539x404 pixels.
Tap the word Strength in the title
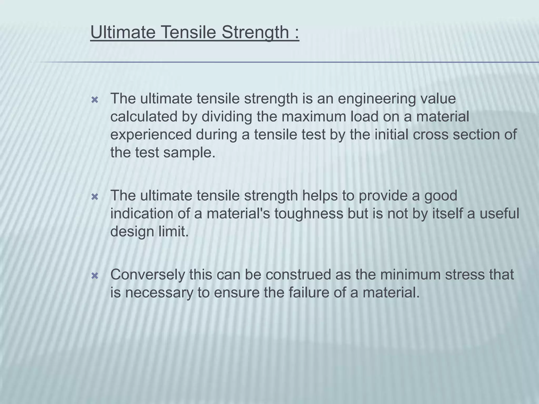coord(255,33)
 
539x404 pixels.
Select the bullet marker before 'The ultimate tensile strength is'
coord(94,100)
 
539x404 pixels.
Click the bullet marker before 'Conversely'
coord(94,276)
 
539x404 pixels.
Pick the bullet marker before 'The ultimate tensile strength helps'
coord(94,197)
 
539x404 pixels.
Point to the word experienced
coord(151,135)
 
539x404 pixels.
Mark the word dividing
coord(227,117)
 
